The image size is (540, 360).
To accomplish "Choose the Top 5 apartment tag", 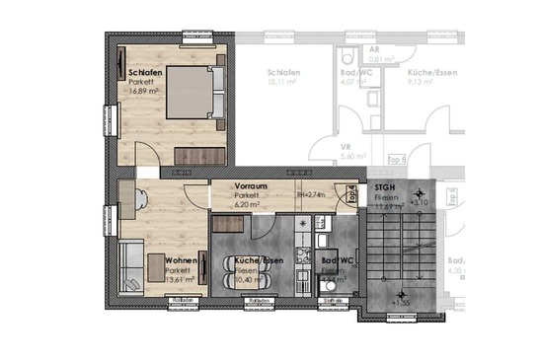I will coord(396,157).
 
